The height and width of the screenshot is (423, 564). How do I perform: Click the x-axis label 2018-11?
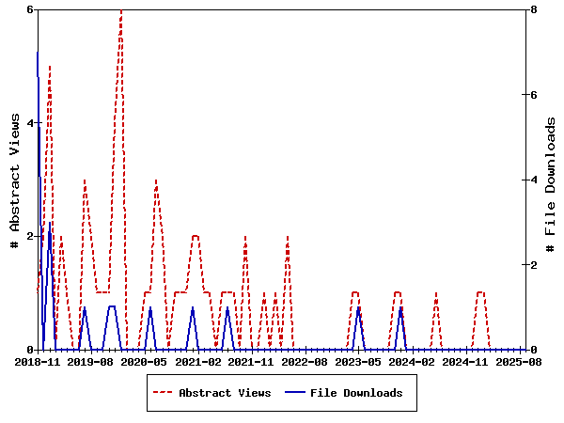pyautogui.click(x=38, y=361)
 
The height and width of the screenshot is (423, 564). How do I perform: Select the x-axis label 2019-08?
pyautogui.click(x=91, y=361)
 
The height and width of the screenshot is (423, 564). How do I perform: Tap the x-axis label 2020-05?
pyautogui.click(x=145, y=361)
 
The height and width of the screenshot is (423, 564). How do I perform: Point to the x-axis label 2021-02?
pyautogui.click(x=198, y=361)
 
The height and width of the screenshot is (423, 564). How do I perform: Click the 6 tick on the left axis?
pyautogui.click(x=30, y=9)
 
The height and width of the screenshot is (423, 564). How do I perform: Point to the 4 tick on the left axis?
pyautogui.click(x=30, y=123)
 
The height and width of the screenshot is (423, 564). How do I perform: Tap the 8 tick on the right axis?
pyautogui.click(x=533, y=9)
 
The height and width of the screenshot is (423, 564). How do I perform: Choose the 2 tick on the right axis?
pyautogui.click(x=533, y=265)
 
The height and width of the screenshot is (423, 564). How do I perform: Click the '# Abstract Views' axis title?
pyautogui.click(x=14, y=180)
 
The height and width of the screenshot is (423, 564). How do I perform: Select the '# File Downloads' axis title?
pyautogui.click(x=552, y=180)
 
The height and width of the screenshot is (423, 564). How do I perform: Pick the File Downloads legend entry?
pyautogui.click(x=355, y=393)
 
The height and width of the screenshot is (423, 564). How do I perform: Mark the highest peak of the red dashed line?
pyautogui.click(x=121, y=10)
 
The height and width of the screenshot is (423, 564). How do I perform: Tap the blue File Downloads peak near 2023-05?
pyautogui.click(x=358, y=307)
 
